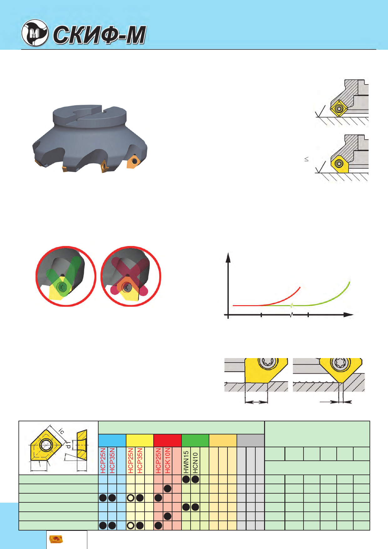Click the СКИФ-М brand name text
click(100, 35)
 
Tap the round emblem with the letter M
click(35, 33)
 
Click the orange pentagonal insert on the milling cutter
click(133, 161)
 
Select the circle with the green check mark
click(66, 276)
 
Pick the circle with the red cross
click(131, 276)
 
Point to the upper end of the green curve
click(350, 282)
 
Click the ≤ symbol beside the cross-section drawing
click(307, 159)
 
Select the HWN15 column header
click(186, 462)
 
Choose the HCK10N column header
click(168, 460)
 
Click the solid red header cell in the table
click(168, 440)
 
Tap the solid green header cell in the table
click(195, 440)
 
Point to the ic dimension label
click(62, 431)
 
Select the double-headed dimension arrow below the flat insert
click(256, 402)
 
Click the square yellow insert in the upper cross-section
click(339, 108)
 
